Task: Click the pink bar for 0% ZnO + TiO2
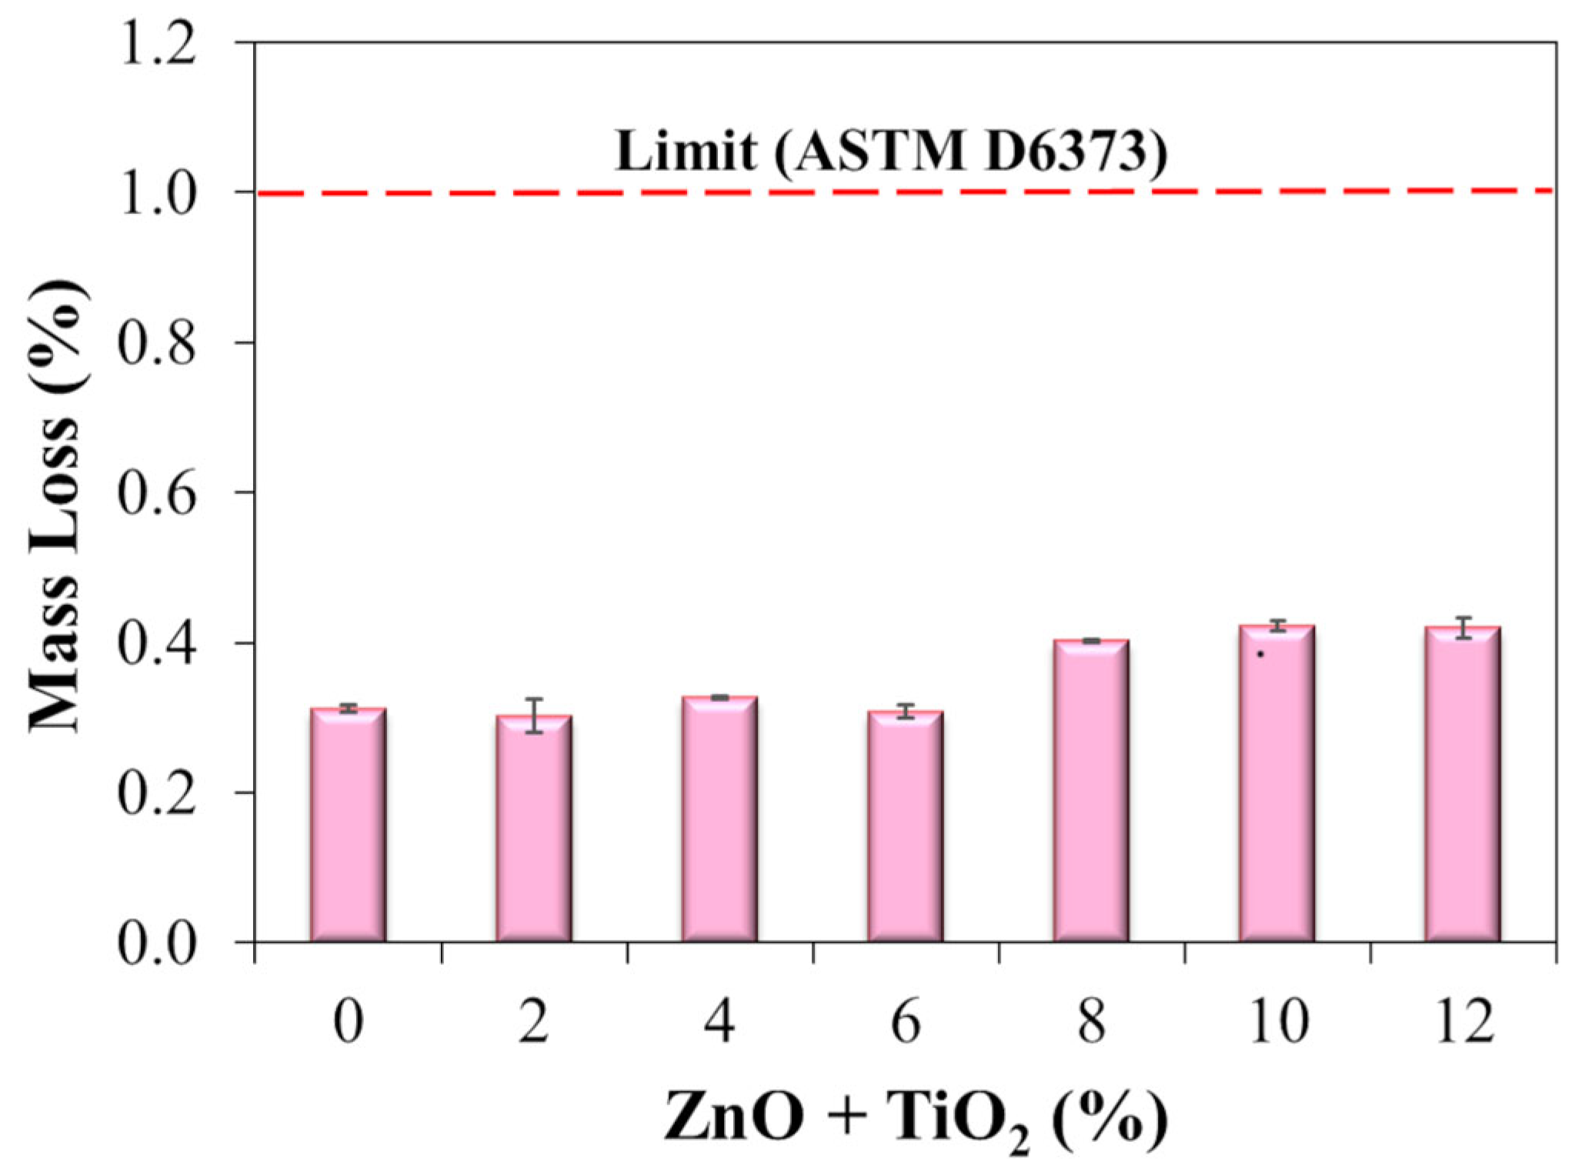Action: (x=348, y=824)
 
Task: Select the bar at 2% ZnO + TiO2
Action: (x=533, y=828)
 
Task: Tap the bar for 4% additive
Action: (x=719, y=819)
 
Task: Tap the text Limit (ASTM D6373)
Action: (x=891, y=151)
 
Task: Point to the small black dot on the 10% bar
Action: (x=1260, y=655)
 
